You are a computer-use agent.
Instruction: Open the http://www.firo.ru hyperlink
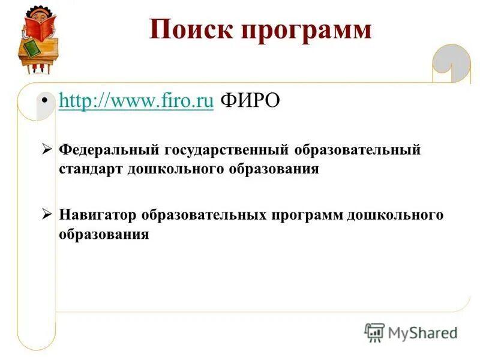tap(136, 101)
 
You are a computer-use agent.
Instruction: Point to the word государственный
tap(224, 149)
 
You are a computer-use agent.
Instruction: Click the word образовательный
tap(356, 149)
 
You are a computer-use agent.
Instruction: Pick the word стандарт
tap(91, 169)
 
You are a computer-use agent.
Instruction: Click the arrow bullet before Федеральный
tap(47, 149)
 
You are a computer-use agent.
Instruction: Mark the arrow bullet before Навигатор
tap(47, 215)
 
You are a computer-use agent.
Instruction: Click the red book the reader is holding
tap(41, 26)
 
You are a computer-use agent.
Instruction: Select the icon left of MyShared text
tap(374, 331)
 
